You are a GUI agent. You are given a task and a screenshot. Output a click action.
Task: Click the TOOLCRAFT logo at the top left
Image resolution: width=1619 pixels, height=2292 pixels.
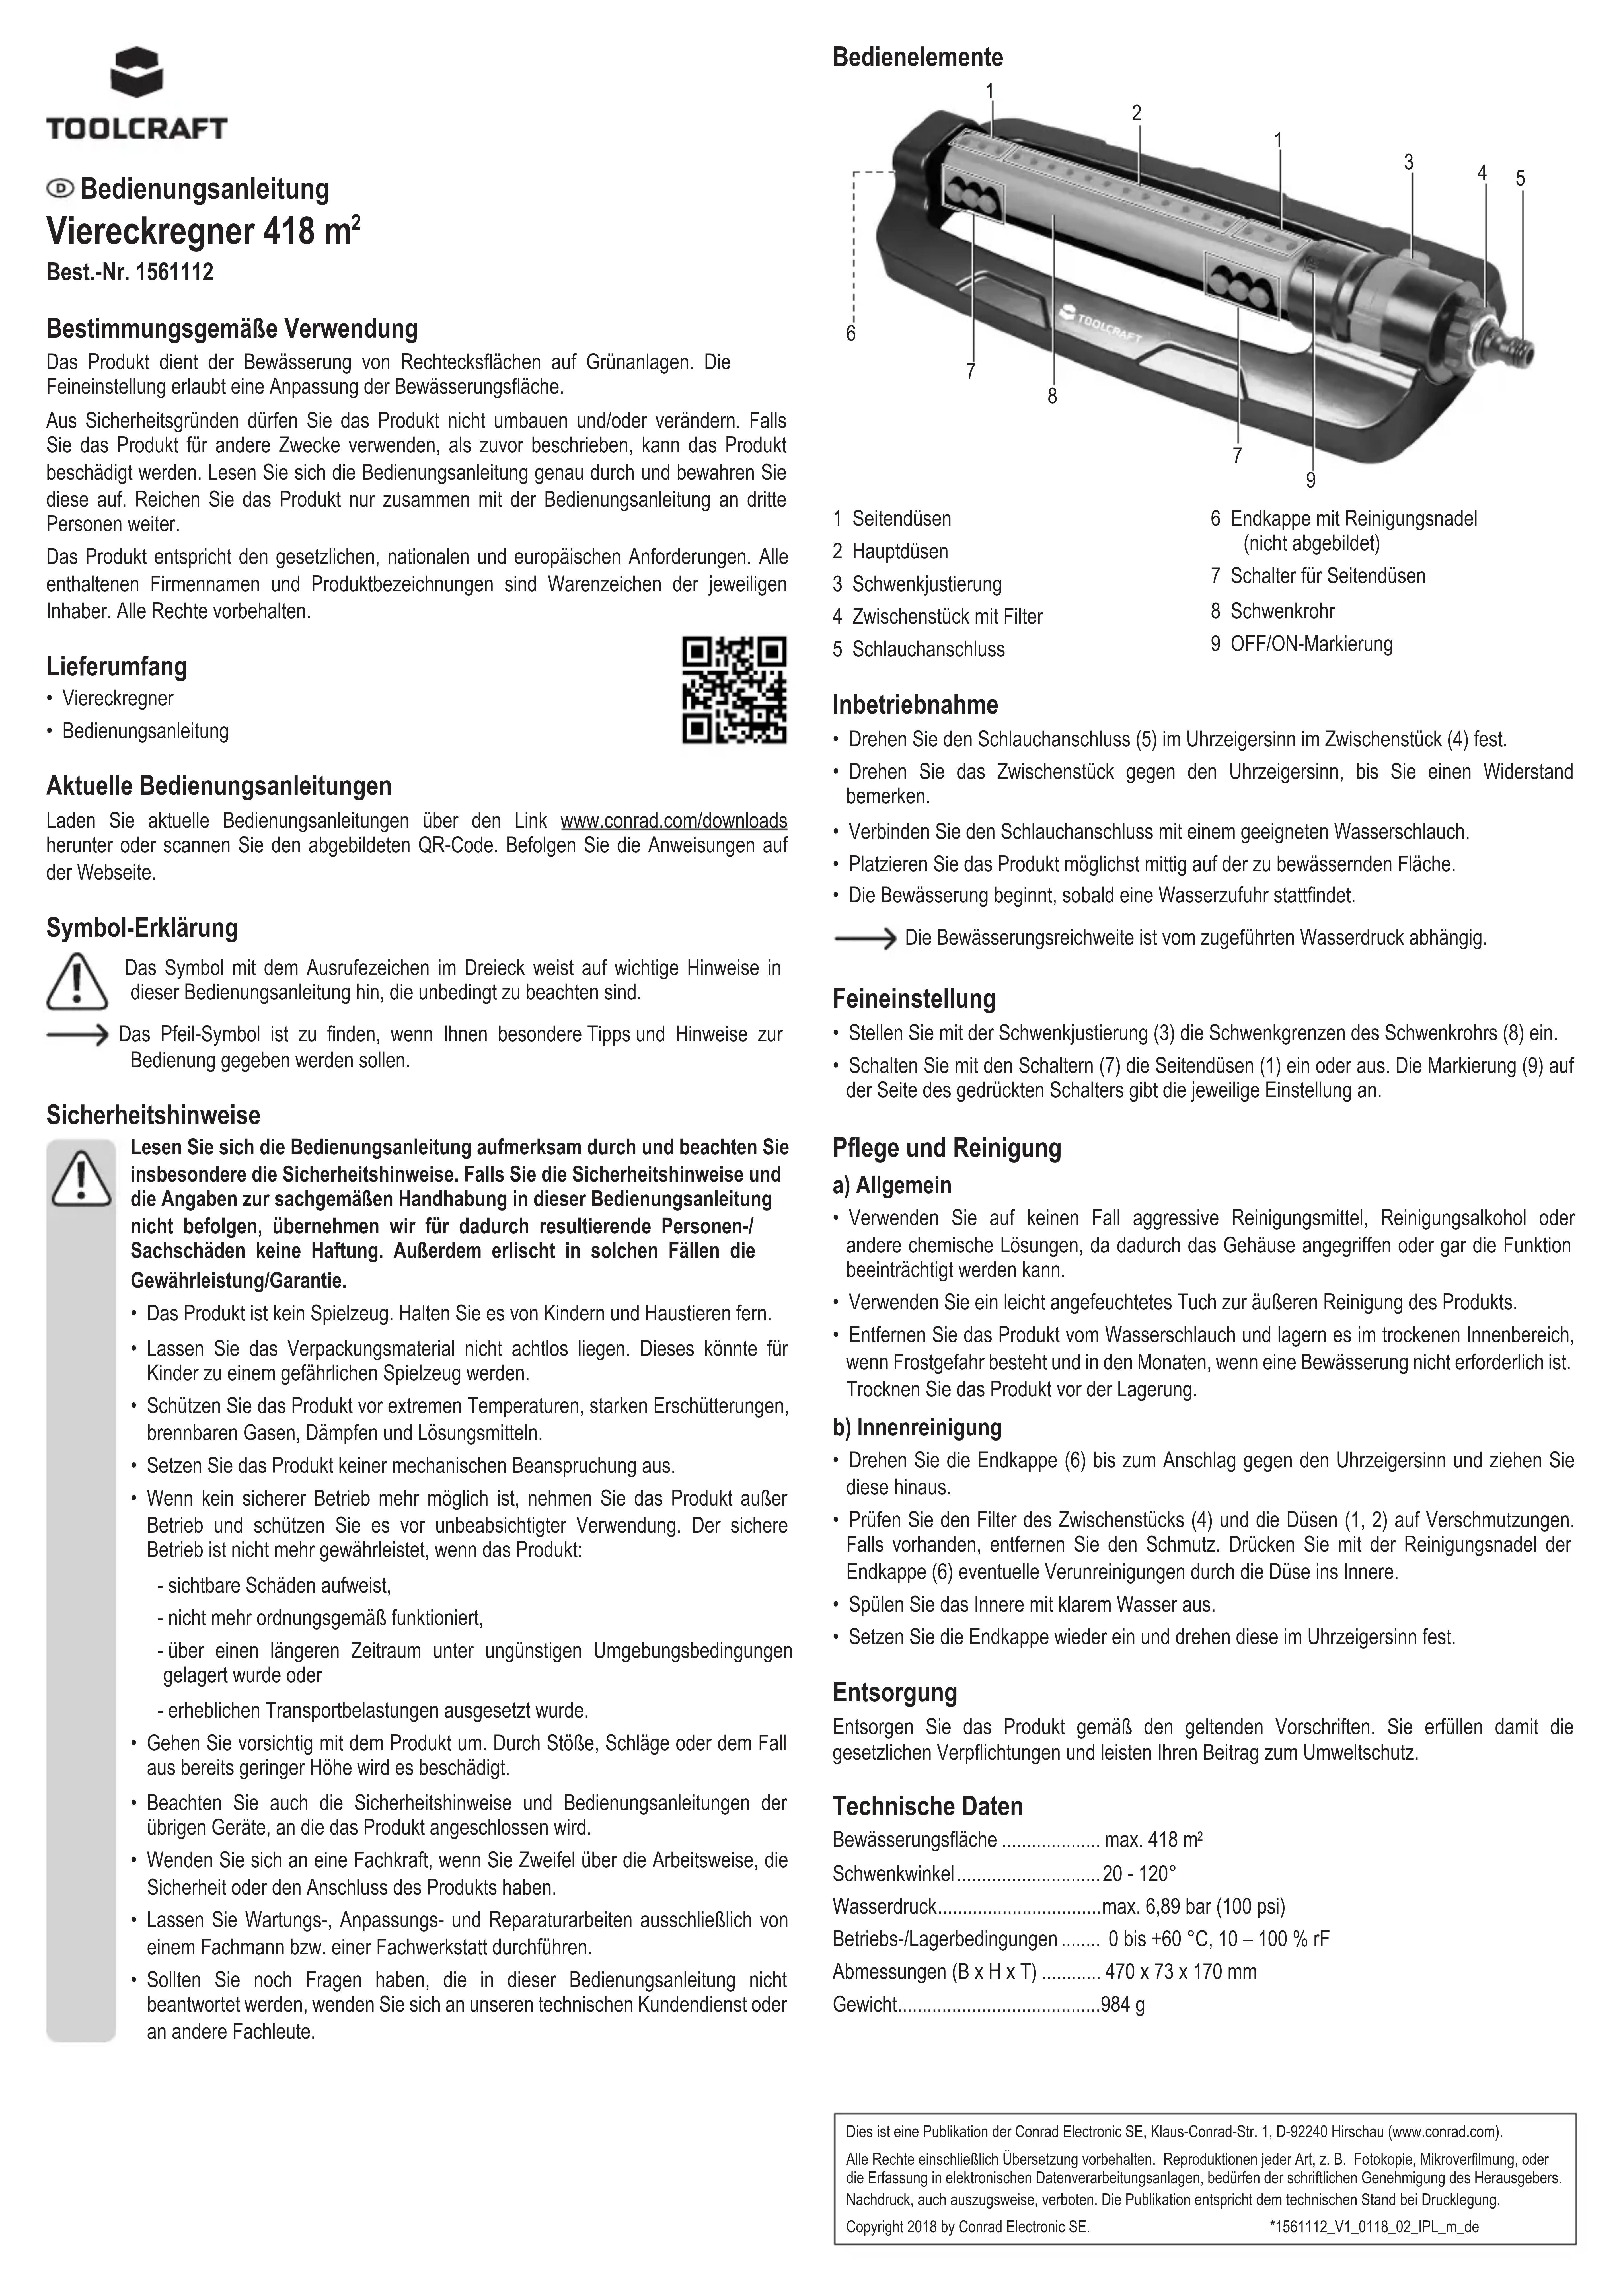coord(137,95)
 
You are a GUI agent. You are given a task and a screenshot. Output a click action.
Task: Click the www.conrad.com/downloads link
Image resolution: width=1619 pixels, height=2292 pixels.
coord(674,821)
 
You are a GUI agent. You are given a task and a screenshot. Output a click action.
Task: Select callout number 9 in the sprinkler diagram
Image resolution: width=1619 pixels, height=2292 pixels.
coord(1310,481)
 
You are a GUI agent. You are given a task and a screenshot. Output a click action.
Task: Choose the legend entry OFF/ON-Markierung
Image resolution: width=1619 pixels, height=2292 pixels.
coord(1310,644)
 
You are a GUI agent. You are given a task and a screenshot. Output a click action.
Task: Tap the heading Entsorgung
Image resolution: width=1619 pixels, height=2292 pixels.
coord(894,1692)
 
